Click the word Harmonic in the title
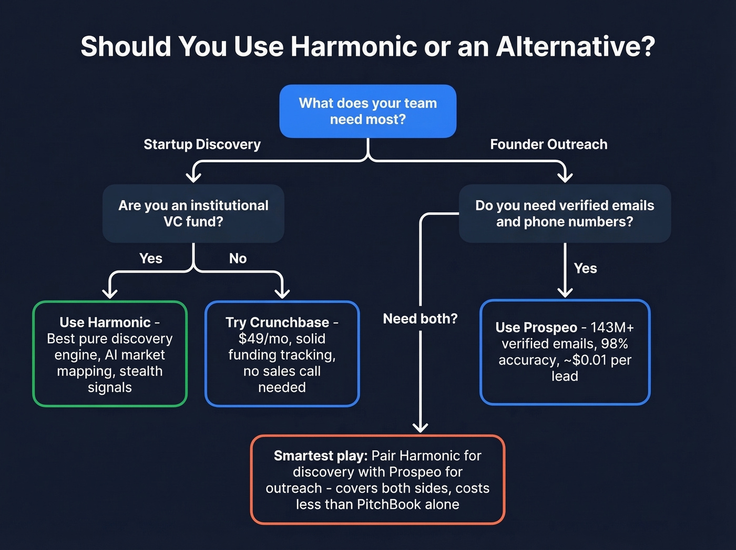[x=353, y=46]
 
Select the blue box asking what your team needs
[x=367, y=111]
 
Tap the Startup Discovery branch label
[x=202, y=144]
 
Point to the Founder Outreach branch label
[x=548, y=144]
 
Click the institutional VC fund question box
[x=193, y=213]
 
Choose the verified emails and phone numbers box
[x=564, y=213]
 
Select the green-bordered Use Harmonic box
[x=109, y=354]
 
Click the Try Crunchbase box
[x=282, y=354]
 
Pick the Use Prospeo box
[x=565, y=352]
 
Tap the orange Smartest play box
[x=377, y=479]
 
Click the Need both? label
[x=420, y=318]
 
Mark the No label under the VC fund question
[x=238, y=258]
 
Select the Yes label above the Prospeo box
[x=585, y=268]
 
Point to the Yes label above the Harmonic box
[x=151, y=258]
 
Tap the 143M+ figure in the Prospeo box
[x=612, y=327]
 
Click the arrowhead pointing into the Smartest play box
[x=420, y=427]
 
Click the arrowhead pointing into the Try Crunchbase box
[x=282, y=293]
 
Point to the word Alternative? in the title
[x=575, y=46]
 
